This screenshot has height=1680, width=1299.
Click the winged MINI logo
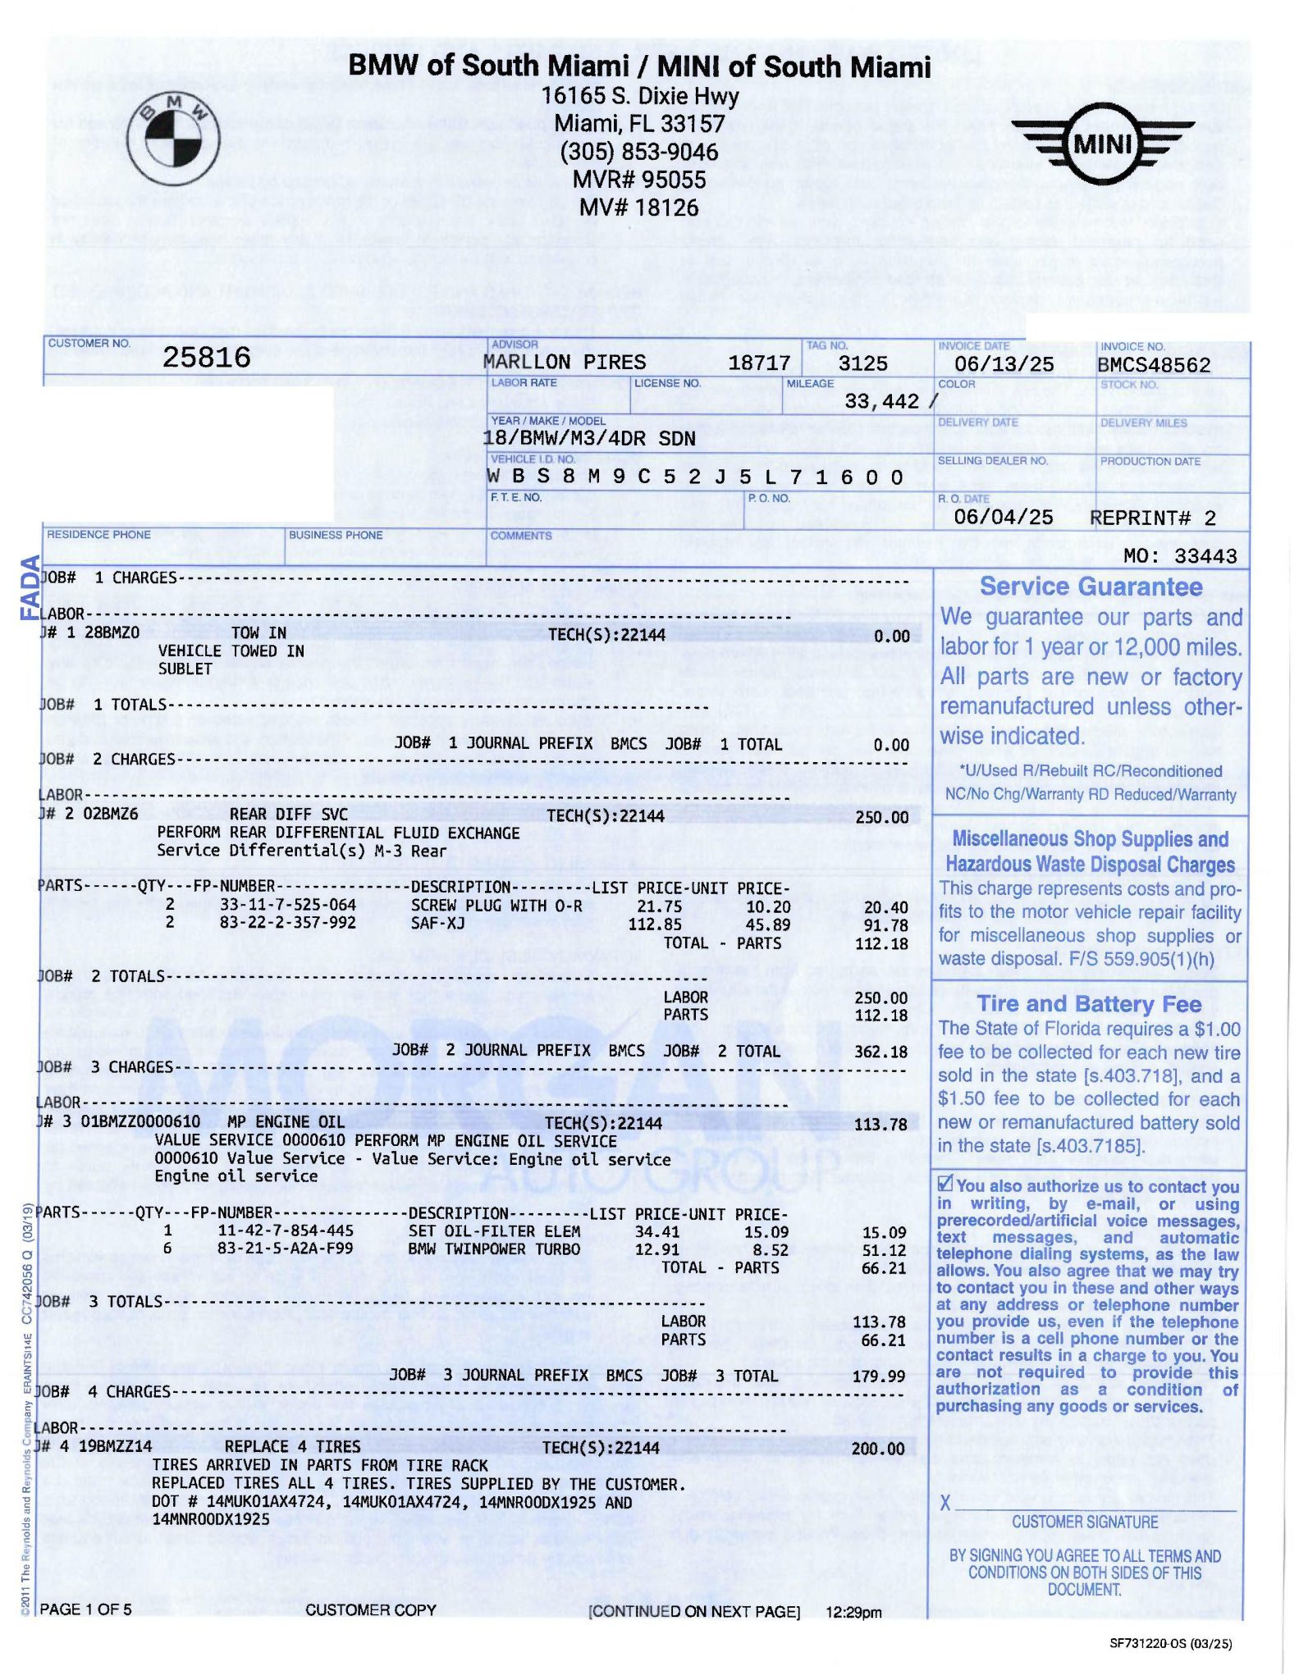[1102, 145]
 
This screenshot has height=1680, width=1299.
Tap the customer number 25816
[206, 357]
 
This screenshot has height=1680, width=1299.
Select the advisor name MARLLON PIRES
[564, 363]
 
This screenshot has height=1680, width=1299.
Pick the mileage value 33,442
[881, 401]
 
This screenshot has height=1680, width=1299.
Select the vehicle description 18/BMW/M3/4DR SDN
[588, 438]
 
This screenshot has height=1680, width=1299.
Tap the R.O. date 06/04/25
[1003, 517]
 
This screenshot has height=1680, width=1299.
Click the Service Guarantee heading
[1091, 587]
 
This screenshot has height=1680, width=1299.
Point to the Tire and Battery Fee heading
[1089, 1004]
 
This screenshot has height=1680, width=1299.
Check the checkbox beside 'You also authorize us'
[945, 1184]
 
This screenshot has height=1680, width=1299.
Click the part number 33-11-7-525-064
[287, 905]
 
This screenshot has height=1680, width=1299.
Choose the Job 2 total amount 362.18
[880, 1052]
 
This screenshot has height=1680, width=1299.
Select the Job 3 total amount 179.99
[879, 1376]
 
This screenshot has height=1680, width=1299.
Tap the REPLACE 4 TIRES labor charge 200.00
[878, 1448]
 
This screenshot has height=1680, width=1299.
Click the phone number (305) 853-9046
[639, 152]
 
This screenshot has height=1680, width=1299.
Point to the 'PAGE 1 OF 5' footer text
[85, 1609]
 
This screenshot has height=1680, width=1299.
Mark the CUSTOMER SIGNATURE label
[1084, 1522]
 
